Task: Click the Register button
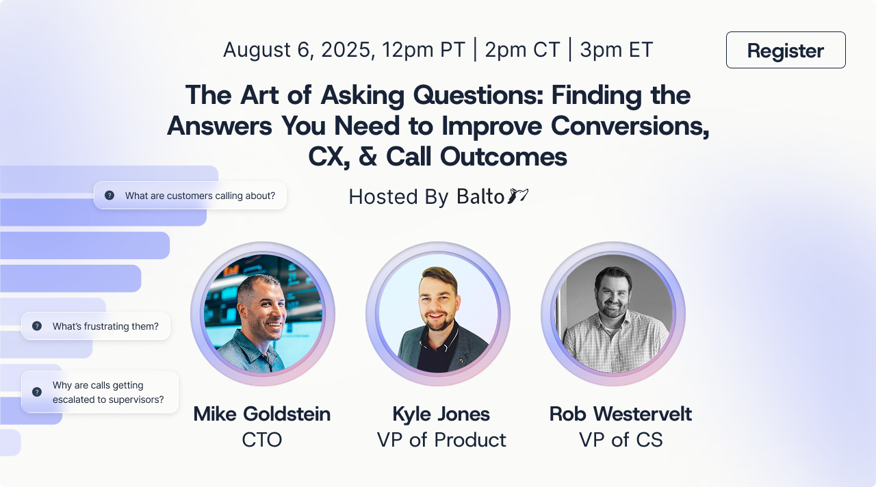[786, 50]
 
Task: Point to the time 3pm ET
[617, 50]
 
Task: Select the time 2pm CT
[522, 50]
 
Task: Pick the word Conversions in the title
[630, 126]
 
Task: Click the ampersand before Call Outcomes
[368, 157]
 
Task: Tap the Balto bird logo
[518, 196]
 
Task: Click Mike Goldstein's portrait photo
[262, 314]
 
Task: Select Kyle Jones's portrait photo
[437, 314]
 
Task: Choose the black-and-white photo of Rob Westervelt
[613, 314]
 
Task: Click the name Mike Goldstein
[262, 414]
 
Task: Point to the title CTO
[262, 440]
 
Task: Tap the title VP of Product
[441, 440]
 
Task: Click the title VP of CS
[621, 440]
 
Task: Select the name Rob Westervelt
[621, 414]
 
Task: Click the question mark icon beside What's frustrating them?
[37, 326]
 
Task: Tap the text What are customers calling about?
[200, 196]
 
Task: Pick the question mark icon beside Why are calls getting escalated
[37, 392]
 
